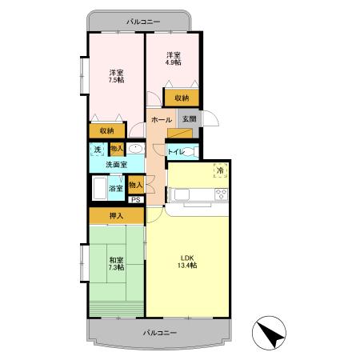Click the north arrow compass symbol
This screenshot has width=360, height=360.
pos(269,333)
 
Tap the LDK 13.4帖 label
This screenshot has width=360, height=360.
pos(187,262)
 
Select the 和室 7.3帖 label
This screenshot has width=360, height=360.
pos(116,263)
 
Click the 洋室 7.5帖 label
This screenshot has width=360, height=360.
pos(116,76)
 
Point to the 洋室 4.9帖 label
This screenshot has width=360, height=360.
pos(174,58)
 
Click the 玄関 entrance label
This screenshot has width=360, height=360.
pos(190,119)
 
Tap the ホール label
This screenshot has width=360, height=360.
pos(162,120)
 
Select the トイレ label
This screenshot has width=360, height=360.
pos(175,152)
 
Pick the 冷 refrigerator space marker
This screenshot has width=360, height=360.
pos(220,170)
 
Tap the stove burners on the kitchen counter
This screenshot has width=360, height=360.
pos(222,194)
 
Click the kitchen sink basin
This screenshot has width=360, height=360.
pos(182,194)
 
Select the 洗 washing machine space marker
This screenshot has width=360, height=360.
pos(98,150)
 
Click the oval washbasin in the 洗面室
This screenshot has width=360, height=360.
pos(136,148)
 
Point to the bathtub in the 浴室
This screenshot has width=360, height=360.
pos(100,188)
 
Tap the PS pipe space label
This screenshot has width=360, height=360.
pos(136,200)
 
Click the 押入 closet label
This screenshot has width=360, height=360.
pos(117,216)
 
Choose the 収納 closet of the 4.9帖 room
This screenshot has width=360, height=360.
pos(182,98)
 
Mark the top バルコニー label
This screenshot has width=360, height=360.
pos(143,22)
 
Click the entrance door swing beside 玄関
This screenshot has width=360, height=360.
pos(211,118)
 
